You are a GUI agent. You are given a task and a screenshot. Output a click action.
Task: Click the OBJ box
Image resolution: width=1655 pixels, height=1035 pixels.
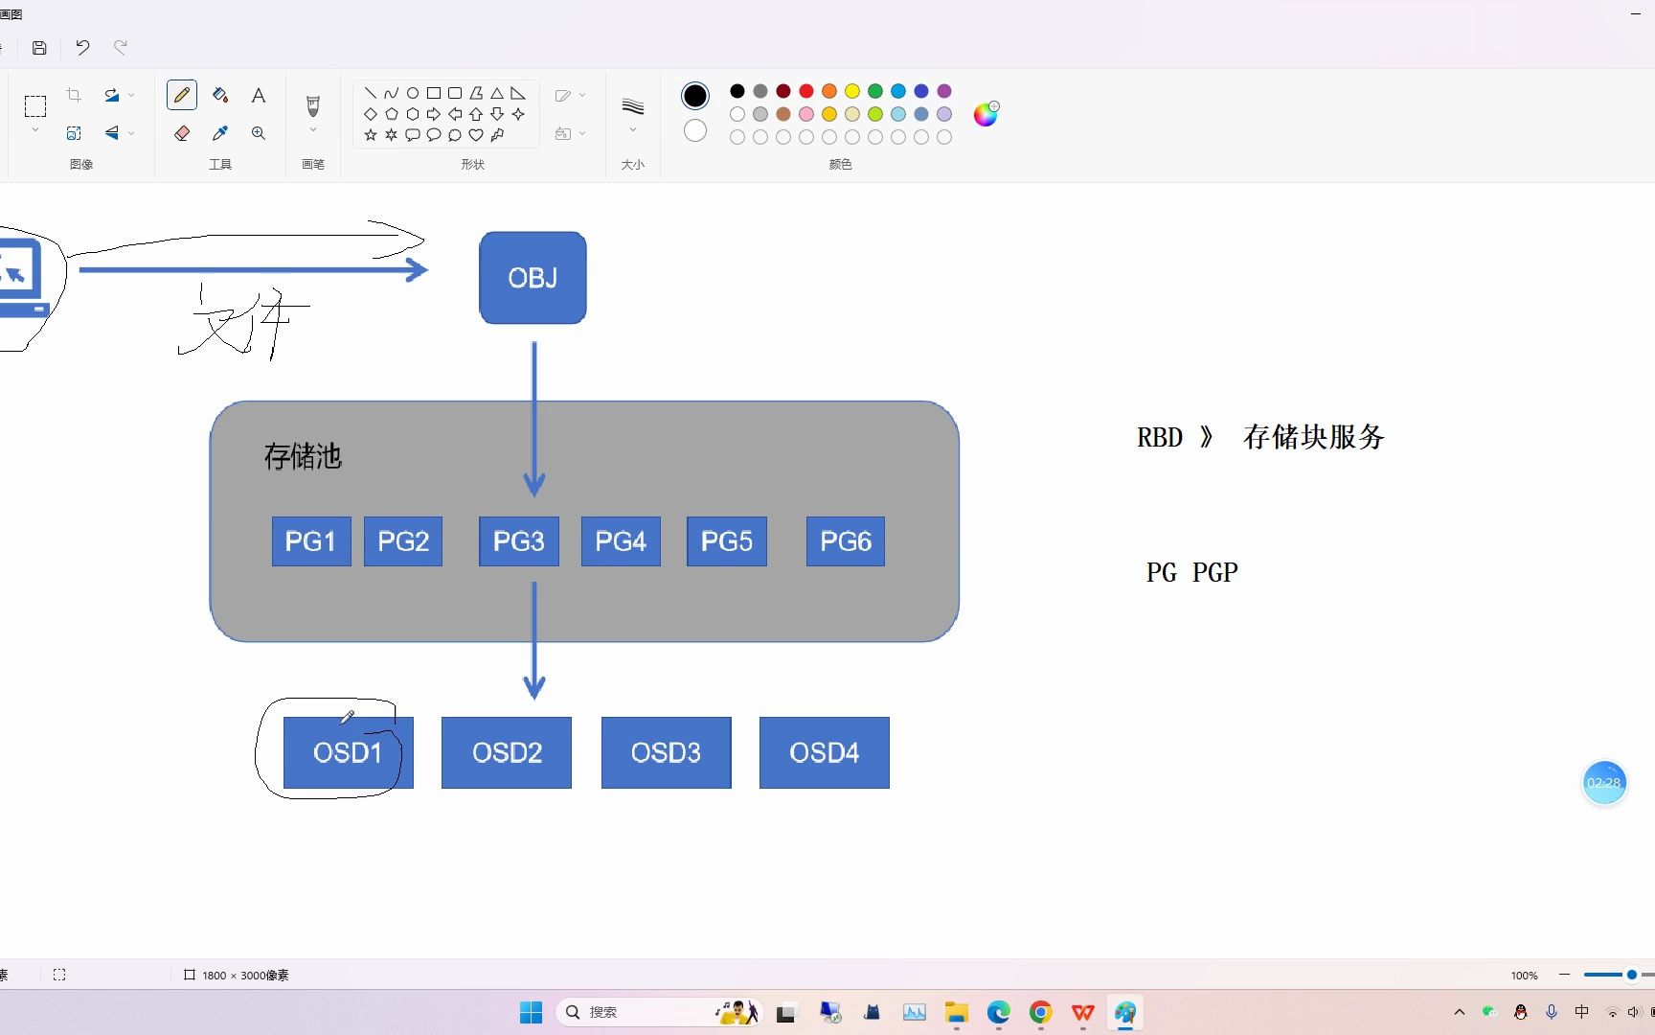[533, 278]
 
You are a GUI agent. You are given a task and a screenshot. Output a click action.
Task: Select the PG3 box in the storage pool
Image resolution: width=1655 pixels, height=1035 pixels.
[518, 541]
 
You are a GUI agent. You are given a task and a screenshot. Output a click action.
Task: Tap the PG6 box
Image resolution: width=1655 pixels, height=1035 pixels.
[845, 541]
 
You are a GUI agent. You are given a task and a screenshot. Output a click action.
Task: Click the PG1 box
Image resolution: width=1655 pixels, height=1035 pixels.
[310, 541]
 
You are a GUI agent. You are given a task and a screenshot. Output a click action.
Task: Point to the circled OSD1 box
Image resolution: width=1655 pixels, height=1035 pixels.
[348, 753]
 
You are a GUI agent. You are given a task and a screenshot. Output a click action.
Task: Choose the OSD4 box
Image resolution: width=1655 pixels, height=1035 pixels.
[824, 753]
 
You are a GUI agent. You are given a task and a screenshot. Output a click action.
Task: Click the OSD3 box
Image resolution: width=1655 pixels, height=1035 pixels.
[666, 753]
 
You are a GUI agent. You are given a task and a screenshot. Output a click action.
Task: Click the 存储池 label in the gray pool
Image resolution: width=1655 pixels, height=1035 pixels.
[303, 456]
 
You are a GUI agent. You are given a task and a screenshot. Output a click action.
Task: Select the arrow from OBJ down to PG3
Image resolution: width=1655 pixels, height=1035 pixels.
[534, 412]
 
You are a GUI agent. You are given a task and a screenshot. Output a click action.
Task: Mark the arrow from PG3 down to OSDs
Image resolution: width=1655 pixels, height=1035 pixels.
[534, 637]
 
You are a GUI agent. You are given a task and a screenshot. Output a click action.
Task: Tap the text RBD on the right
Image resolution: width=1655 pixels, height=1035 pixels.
[1160, 438]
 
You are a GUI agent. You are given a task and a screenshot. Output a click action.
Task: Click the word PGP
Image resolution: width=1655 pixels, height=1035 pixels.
[1214, 573]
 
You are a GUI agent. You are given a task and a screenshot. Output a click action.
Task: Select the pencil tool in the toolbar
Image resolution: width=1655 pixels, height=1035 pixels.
[182, 95]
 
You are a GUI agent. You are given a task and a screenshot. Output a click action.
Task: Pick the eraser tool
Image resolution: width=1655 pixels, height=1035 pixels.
[182, 133]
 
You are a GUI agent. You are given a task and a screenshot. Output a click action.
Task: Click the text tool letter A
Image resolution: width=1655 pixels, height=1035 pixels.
[259, 95]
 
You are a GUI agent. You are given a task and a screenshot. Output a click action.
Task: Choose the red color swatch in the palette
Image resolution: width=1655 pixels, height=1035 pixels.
[806, 91]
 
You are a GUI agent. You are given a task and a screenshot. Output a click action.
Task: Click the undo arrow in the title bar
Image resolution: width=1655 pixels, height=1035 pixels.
[82, 47]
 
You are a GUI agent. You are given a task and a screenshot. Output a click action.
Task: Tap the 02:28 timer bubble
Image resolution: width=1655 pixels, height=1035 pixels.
[1603, 783]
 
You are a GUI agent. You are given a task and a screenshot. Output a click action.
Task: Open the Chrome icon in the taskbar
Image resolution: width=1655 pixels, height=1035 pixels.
[1040, 1012]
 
